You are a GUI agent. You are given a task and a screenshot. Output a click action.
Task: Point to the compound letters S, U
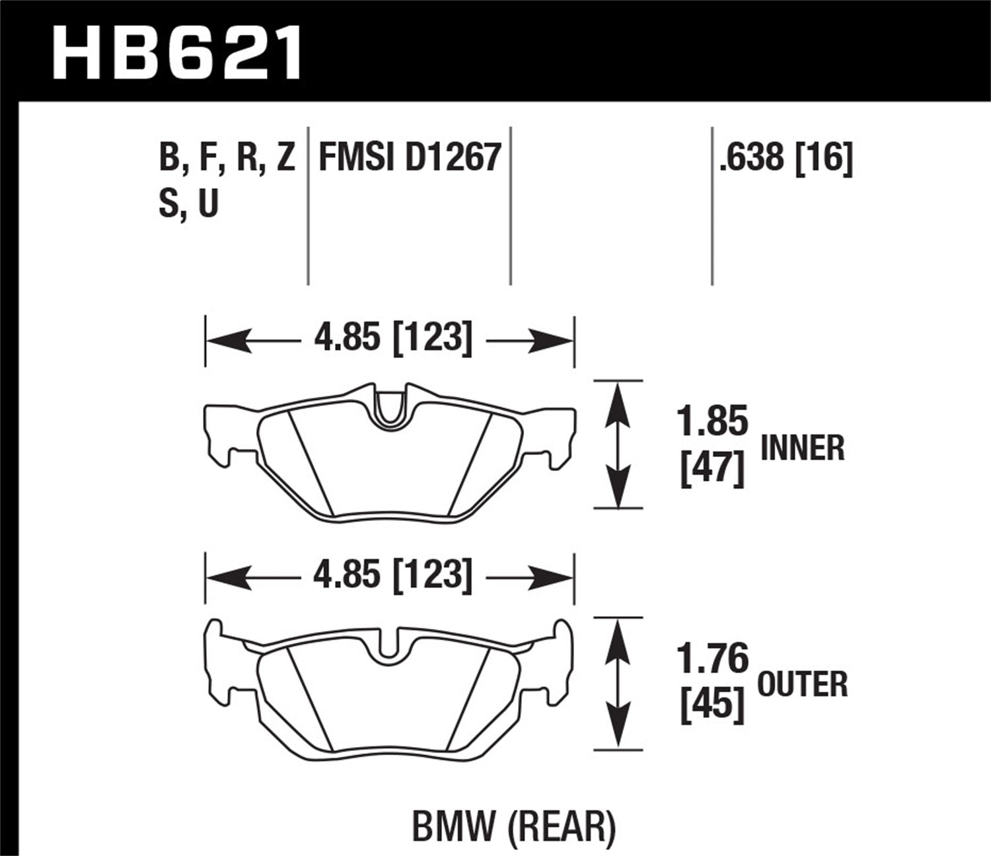[x=188, y=203]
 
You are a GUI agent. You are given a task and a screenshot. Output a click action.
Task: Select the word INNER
[x=803, y=448]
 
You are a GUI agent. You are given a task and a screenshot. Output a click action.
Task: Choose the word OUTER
[x=802, y=684]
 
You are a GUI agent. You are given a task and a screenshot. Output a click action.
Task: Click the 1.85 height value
[x=712, y=421]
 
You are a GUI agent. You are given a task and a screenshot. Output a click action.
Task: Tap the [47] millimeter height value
[x=712, y=470]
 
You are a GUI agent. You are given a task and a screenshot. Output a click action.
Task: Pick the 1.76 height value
[x=712, y=659]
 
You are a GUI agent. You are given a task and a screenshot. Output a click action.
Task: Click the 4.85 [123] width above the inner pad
[x=392, y=338]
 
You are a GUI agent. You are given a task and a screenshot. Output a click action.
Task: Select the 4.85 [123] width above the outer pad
[x=392, y=575]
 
